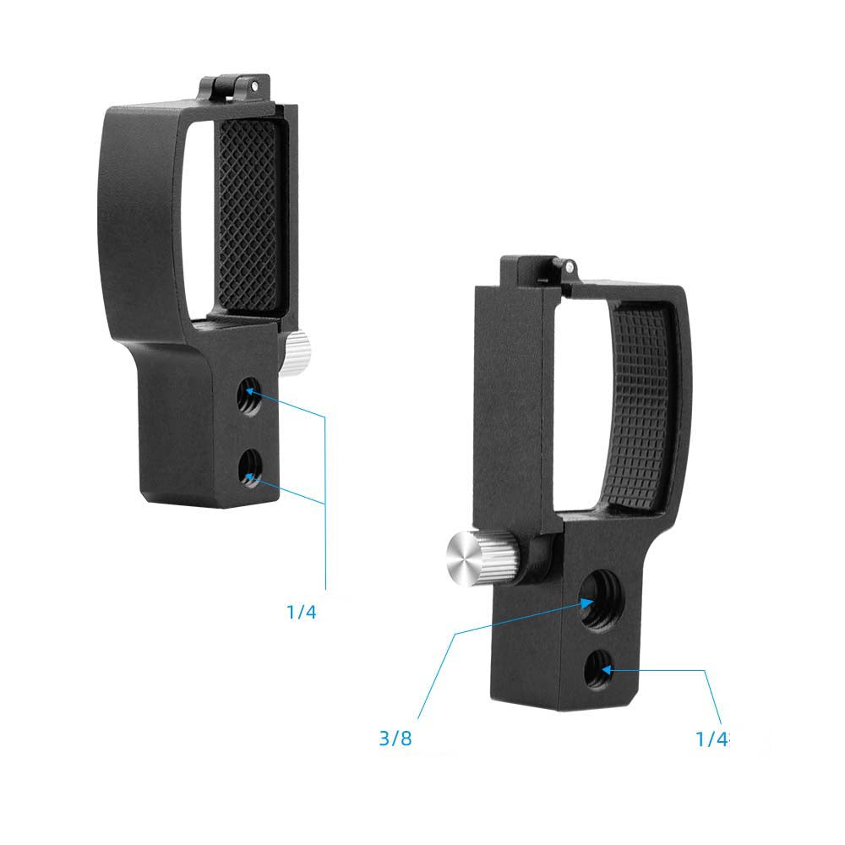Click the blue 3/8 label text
[395, 739]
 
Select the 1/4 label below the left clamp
[301, 612]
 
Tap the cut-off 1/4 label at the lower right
[711, 739]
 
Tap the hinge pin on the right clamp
[570, 267]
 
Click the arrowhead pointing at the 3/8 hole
[588, 602]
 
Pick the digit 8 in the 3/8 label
[406, 739]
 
